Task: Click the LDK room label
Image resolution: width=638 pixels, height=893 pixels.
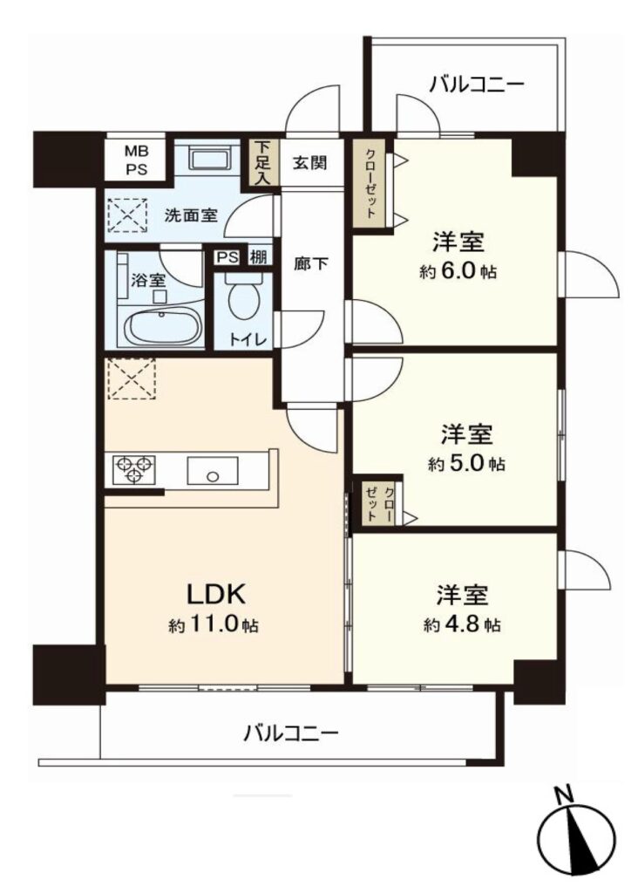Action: (216, 594)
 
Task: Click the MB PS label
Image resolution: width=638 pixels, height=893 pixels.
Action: (136, 160)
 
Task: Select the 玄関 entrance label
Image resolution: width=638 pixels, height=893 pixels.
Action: (310, 163)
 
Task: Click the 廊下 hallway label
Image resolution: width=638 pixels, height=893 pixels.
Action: (311, 263)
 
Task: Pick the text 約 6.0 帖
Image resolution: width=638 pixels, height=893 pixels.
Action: (458, 271)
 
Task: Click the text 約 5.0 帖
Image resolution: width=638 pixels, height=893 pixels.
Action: (466, 464)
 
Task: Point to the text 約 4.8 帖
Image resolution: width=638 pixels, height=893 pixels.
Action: (462, 624)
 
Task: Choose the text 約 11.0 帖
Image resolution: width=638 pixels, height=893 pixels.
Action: (213, 625)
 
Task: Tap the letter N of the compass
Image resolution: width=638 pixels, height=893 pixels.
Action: (563, 794)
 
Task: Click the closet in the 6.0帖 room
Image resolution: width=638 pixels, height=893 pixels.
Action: (370, 183)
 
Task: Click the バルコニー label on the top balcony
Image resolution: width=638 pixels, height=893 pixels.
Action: (477, 85)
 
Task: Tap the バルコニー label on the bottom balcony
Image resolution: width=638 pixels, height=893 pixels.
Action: (291, 732)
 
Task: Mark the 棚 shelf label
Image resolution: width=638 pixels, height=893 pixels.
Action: (258, 257)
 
